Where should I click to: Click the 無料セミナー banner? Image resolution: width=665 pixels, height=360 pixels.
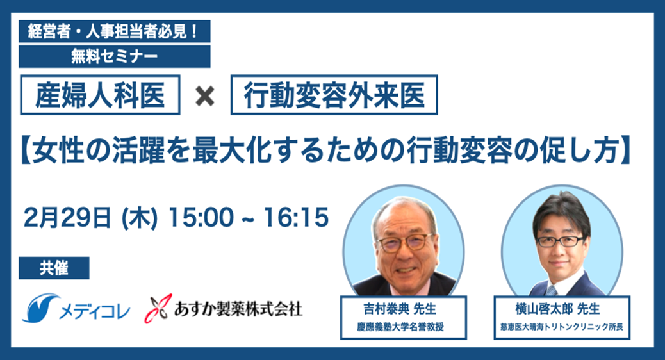115,56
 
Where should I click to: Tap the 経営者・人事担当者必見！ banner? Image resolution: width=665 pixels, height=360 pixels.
115,31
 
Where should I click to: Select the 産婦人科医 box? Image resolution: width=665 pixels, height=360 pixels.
100,95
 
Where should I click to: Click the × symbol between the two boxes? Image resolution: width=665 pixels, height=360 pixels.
205,96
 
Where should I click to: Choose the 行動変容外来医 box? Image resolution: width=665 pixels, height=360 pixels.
334,95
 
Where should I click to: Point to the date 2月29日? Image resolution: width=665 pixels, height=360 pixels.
67,218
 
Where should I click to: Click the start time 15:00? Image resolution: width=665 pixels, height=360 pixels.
201,218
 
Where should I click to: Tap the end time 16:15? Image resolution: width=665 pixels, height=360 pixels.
296,218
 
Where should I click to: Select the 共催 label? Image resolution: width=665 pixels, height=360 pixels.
54,268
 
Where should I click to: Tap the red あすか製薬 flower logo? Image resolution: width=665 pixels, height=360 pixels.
158,308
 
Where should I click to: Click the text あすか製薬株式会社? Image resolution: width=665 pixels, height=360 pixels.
238,309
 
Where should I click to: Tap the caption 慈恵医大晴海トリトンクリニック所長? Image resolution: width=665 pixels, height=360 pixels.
561,327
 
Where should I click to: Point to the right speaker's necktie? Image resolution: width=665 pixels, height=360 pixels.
551,291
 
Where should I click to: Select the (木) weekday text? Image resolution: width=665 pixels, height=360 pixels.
140,218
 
